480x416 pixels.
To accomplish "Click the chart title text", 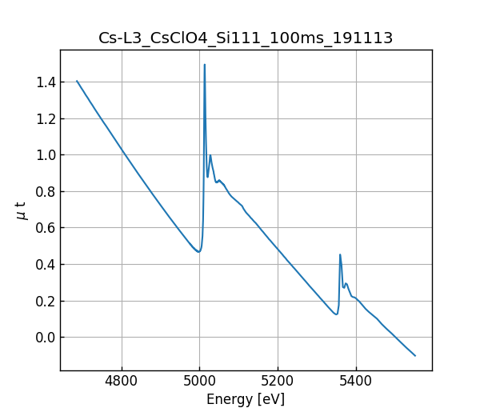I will point(246,38).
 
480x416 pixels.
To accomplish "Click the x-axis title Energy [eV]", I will point(246,399).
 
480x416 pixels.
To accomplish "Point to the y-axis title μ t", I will point(22,210).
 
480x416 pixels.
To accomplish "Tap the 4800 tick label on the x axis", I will point(122,382).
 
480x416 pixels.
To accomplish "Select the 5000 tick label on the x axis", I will point(200,382).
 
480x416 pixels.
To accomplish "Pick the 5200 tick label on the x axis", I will point(278,382).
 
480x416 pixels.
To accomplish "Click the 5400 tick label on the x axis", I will point(355,382).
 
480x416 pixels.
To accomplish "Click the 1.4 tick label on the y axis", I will point(45,82).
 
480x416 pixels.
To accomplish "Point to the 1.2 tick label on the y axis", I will point(45,118).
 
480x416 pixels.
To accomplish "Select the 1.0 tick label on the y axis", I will point(45,155).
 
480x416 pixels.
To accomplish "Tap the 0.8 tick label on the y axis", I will point(45,192).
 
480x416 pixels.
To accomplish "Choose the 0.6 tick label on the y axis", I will point(45,228).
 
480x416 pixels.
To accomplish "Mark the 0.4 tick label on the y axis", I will point(45,265).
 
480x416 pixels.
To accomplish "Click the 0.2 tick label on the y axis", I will point(45,301).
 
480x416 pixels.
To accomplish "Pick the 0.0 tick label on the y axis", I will point(45,338).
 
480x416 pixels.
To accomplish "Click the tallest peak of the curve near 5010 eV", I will point(205,65).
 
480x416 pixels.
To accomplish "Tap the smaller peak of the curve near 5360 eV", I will point(340,255).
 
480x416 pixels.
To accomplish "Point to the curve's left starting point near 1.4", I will point(77,81).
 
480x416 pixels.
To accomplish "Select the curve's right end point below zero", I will point(415,355).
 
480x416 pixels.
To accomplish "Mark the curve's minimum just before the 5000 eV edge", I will point(199,252).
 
